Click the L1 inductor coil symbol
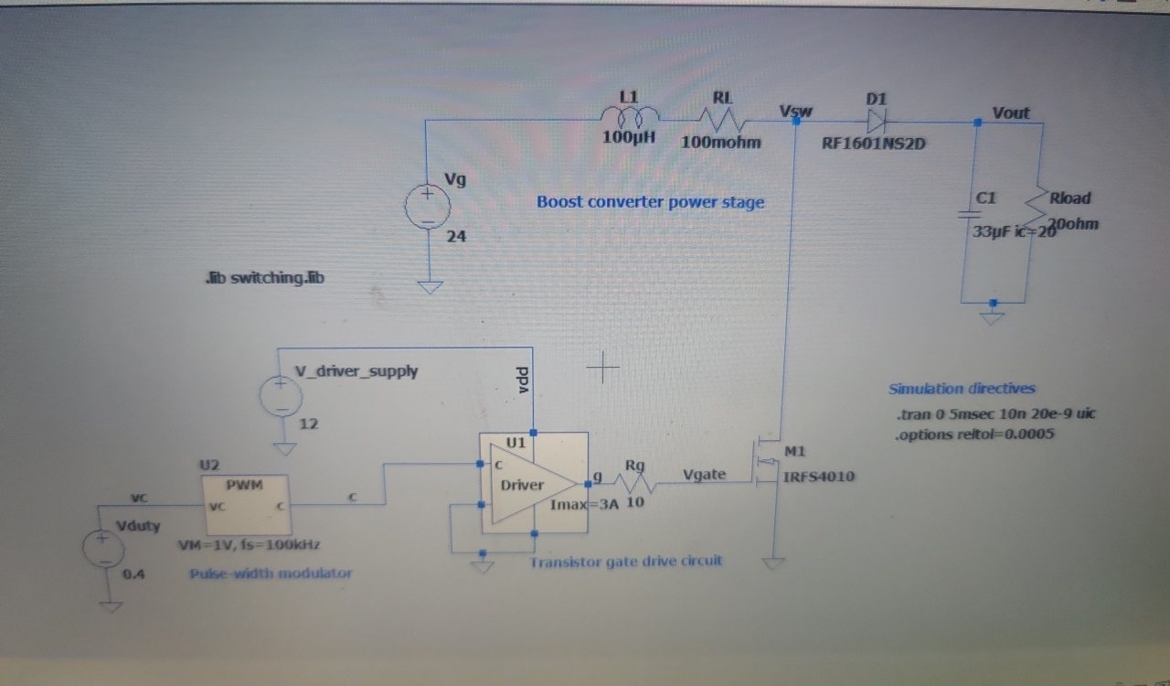629,116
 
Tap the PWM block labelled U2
245,504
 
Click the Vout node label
1010,113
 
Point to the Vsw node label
795,112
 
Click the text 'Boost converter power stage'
650,202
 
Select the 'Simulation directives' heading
962,389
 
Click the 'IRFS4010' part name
819,477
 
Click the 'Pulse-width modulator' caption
271,573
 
